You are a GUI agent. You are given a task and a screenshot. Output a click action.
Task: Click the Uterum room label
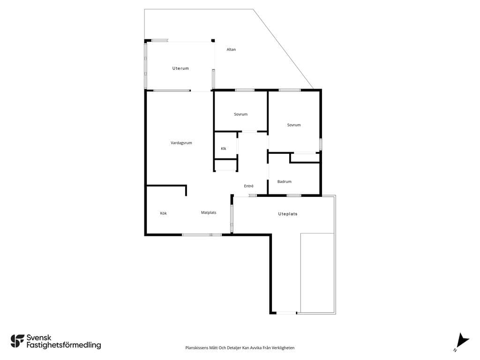tap(180, 68)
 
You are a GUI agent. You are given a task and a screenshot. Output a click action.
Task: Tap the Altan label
tap(231, 49)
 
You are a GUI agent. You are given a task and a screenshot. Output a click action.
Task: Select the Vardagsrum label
tap(181, 142)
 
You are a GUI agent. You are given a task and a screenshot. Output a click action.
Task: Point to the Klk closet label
tap(224, 149)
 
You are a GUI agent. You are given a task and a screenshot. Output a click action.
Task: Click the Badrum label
tap(285, 181)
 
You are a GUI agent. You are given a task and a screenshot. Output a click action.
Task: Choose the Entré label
tap(248, 186)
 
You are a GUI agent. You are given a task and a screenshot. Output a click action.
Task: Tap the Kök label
tap(164, 213)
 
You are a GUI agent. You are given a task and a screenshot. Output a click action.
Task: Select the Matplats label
tap(209, 212)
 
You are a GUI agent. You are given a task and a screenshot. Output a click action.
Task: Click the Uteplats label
tap(288, 214)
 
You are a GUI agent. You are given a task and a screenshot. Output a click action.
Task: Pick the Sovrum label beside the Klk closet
tap(240, 114)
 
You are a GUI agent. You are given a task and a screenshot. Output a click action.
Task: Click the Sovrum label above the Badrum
tap(294, 125)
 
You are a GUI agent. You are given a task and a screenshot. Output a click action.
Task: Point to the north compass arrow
tap(462, 341)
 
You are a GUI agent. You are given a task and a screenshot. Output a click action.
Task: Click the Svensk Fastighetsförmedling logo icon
tap(17, 341)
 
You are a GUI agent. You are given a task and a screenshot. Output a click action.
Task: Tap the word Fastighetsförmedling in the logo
tap(64, 345)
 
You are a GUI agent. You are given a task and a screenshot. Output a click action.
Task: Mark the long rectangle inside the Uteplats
tap(317, 273)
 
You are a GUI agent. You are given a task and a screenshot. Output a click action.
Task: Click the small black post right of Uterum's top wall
tap(213, 40)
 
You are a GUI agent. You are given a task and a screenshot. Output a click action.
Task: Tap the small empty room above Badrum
tap(305, 157)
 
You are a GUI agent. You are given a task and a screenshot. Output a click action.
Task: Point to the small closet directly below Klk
tap(225, 165)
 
